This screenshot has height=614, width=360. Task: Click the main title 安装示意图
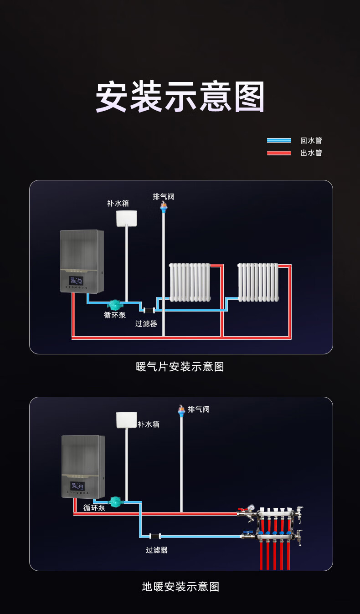[x=180, y=97]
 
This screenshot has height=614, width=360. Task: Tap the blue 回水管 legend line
[x=279, y=140]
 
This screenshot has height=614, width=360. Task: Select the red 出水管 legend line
[x=279, y=153]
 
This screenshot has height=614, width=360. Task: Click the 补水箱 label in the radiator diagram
[x=118, y=203]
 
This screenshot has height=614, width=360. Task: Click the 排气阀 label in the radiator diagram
[x=164, y=196]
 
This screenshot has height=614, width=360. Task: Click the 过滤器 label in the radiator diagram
[x=146, y=323]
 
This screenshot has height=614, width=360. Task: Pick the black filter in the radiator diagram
[x=149, y=310]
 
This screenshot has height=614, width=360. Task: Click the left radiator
[x=190, y=282]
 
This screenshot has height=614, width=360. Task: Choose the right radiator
[x=258, y=282]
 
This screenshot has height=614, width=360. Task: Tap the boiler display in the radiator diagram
[x=76, y=282]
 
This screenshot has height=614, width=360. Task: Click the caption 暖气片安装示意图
[x=180, y=367]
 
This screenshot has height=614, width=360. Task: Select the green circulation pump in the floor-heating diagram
[x=116, y=501]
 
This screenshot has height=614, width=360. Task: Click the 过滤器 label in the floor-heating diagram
[x=157, y=550]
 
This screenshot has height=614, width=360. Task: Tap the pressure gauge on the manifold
[x=251, y=507]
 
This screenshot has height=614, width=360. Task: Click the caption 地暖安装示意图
[x=180, y=587]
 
